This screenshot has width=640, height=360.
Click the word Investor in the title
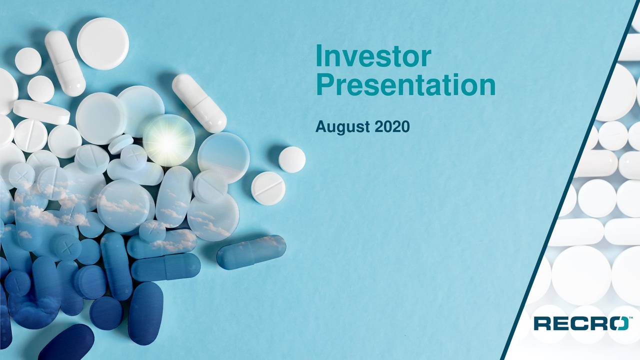click(373, 55)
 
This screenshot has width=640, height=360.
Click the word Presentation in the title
click(405, 85)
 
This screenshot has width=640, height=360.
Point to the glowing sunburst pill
click(169, 140)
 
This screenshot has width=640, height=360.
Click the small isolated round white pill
click(291, 159)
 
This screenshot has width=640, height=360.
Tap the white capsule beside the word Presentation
click(199, 103)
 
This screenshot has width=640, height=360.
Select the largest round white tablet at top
click(103, 43)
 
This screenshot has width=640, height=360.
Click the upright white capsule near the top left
click(65, 63)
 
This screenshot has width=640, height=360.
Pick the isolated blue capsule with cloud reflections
click(251, 252)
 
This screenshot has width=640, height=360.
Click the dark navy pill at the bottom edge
click(66, 343)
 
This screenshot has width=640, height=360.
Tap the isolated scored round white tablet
click(268, 188)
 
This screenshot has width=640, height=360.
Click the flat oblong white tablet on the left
click(41, 111)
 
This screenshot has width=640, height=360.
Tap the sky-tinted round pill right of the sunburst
click(223, 157)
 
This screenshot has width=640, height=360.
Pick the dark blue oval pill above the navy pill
click(145, 313)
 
